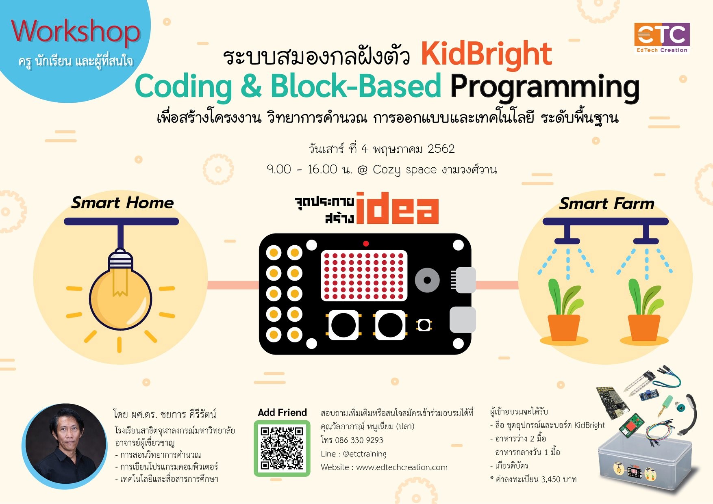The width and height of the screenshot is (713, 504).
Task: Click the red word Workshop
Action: pyautogui.click(x=76, y=32)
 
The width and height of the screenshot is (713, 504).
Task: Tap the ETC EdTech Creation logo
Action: pyautogui.click(x=662, y=38)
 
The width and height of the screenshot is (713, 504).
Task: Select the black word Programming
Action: pyautogui.click(x=545, y=87)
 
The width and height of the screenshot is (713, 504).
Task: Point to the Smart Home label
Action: pyautogui.click(x=122, y=203)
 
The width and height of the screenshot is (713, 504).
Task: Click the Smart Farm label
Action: pyautogui.click(x=606, y=203)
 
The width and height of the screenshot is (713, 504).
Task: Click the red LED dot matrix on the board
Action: pyautogui.click(x=364, y=275)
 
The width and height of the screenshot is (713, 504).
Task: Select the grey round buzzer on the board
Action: pyautogui.click(x=427, y=280)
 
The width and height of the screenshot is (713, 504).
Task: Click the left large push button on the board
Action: pyautogui.click(x=343, y=325)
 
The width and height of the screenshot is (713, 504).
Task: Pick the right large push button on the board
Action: pyautogui.click(x=390, y=325)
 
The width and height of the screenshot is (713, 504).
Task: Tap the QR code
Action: pyautogui.click(x=282, y=448)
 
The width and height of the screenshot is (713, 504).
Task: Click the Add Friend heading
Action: pyautogui.click(x=282, y=413)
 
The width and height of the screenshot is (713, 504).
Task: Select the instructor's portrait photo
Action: pyautogui.click(x=65, y=446)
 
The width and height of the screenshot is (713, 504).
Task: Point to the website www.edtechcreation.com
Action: pyautogui.click(x=402, y=467)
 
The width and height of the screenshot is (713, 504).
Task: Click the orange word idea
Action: pyautogui.click(x=397, y=209)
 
